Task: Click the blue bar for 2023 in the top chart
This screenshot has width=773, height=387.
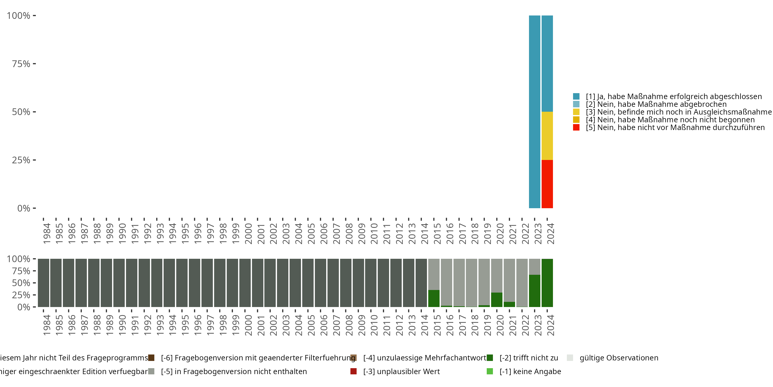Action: pyautogui.click(x=534, y=111)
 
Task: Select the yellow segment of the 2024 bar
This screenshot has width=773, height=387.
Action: pyautogui.click(x=547, y=136)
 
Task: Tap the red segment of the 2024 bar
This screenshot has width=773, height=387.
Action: pyautogui.click(x=547, y=184)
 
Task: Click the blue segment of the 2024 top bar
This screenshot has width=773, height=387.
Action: pyautogui.click(x=547, y=63)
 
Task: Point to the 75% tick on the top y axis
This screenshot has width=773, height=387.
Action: pyautogui.click(x=34, y=64)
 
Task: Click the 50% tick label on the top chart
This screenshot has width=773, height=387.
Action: pyautogui.click(x=21, y=112)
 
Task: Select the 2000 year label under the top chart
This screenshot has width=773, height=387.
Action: pyautogui.click(x=248, y=233)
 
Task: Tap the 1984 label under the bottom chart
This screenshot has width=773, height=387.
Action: pyautogui.click(x=47, y=325)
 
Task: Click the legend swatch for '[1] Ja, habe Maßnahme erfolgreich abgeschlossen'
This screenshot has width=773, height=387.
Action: pyautogui.click(x=576, y=96)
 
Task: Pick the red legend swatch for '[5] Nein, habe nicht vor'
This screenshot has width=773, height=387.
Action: pyautogui.click(x=576, y=127)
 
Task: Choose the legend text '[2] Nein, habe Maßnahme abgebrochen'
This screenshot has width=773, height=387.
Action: pyautogui.click(x=656, y=104)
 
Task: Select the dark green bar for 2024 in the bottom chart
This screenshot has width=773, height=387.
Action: pyautogui.click(x=547, y=283)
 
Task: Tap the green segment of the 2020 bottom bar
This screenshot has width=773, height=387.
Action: pyautogui.click(x=497, y=300)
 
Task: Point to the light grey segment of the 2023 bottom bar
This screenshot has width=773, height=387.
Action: pyautogui.click(x=534, y=267)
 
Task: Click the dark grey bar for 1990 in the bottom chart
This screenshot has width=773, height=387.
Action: pyautogui.click(x=119, y=283)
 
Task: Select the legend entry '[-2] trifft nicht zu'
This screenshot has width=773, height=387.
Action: pyautogui.click(x=528, y=358)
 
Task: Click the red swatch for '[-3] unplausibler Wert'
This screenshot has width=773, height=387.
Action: pyautogui.click(x=354, y=371)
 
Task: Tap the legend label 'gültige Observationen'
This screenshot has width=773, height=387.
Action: pyautogui.click(x=619, y=358)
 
